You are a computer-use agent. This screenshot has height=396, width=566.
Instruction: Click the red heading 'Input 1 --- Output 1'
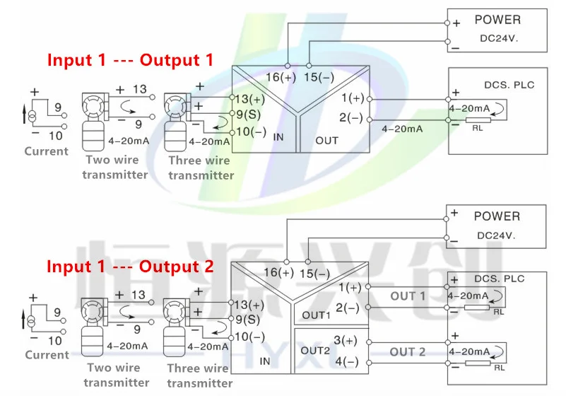pyautogui.click(x=130, y=60)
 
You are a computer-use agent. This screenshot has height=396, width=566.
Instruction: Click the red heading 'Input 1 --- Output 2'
pyautogui.click(x=130, y=267)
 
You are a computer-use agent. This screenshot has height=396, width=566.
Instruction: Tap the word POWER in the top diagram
pyautogui.click(x=497, y=20)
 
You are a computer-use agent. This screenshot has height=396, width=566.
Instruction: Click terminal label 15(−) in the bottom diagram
pyautogui.click(x=315, y=273)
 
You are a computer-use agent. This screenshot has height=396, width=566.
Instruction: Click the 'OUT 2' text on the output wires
pyautogui.click(x=408, y=351)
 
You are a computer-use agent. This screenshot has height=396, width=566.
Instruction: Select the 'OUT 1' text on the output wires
pyautogui.click(x=408, y=296)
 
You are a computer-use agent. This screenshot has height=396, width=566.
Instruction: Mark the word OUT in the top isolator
pyautogui.click(x=327, y=141)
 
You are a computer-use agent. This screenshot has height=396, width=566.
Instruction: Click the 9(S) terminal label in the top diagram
pyautogui.click(x=249, y=113)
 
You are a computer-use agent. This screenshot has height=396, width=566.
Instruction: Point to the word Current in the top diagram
pyautogui.click(x=46, y=151)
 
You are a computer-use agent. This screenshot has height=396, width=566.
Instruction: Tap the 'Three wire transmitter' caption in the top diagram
pyautogui.click(x=200, y=168)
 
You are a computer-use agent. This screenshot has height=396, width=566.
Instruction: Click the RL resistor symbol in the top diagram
pyautogui.click(x=478, y=121)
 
